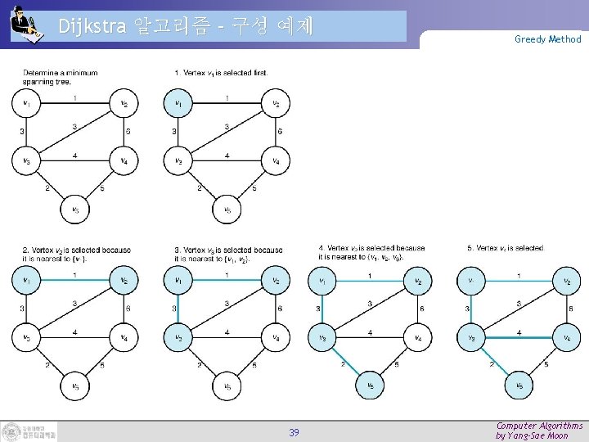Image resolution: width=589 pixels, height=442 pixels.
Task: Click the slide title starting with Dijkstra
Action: click(x=186, y=26)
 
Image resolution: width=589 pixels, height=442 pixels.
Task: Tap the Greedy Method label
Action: click(x=547, y=38)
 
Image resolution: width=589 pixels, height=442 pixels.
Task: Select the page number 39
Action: click(x=294, y=432)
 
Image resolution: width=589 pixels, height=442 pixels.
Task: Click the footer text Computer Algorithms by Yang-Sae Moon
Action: click(x=539, y=431)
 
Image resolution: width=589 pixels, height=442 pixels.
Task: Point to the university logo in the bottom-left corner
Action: click(x=29, y=431)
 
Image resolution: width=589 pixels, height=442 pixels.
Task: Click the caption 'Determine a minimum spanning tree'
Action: click(x=60, y=77)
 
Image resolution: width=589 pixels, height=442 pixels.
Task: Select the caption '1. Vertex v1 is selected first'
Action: click(x=222, y=73)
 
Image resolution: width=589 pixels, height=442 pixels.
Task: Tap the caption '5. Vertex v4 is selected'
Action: click(x=505, y=248)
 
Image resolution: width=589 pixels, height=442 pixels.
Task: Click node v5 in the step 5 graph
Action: click(x=519, y=385)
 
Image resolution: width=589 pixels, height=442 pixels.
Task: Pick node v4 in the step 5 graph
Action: click(x=567, y=336)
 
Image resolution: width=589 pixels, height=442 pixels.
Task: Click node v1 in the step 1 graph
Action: click(x=178, y=103)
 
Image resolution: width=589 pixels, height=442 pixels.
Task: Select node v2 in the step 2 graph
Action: click(x=124, y=281)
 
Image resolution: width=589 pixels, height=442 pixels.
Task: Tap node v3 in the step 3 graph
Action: click(x=178, y=337)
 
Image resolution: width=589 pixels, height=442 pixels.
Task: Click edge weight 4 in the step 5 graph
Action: click(x=519, y=332)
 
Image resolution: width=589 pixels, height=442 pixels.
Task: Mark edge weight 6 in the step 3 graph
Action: click(x=280, y=309)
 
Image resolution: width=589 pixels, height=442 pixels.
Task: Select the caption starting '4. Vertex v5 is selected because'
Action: click(x=371, y=252)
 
